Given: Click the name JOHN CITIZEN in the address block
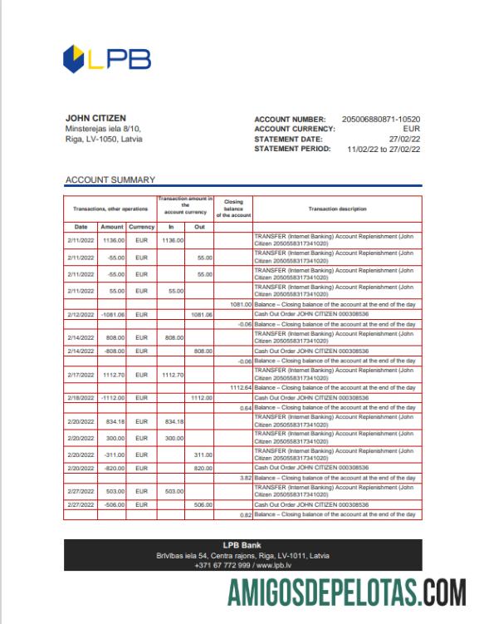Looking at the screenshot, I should [x=95, y=119].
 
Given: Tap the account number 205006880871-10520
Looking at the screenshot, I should [x=381, y=120].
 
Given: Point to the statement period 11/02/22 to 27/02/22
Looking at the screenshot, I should [x=379, y=150].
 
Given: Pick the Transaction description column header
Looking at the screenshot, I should [x=336, y=209].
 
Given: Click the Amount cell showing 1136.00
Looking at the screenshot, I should [x=113, y=240].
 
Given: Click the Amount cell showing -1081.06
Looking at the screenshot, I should [x=111, y=316].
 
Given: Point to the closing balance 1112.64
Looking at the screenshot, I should [x=238, y=387].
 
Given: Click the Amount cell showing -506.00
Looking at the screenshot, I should [x=113, y=504].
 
